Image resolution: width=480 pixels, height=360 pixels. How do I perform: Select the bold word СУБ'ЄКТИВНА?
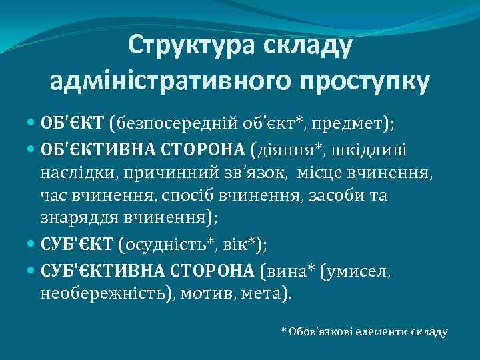(x=94, y=270)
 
